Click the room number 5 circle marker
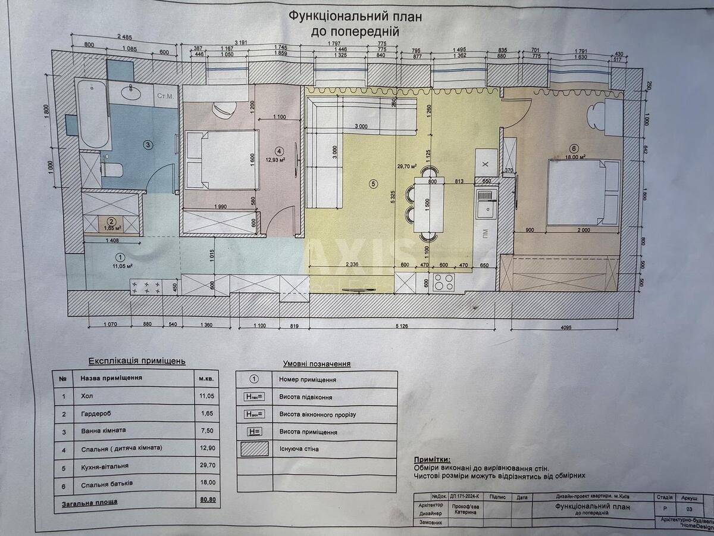[373, 184]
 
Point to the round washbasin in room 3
[130, 92]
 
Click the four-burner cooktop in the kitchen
[443, 282]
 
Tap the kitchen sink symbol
[487, 203]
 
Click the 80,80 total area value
[208, 501]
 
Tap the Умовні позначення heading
[316, 363]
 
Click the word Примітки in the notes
[431, 460]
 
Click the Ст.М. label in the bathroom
[165, 96]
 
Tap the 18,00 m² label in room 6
[575, 157]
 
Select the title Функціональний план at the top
[355, 17]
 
